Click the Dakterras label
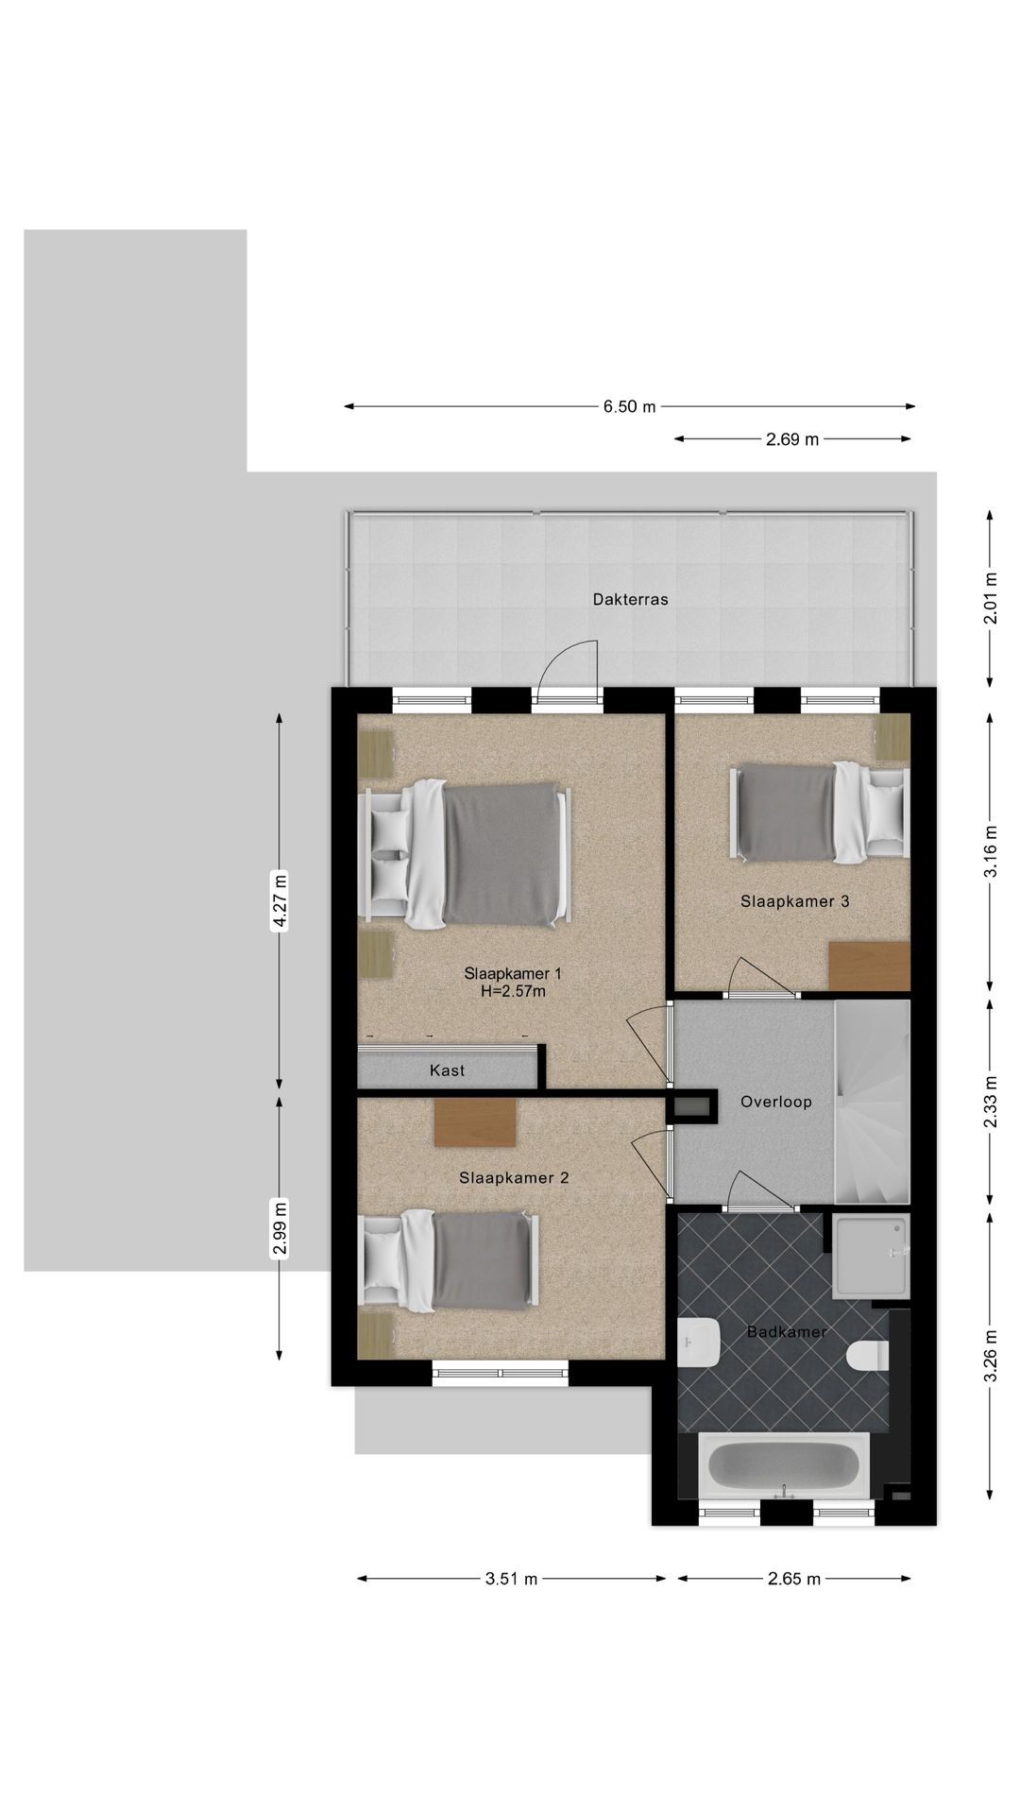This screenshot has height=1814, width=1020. coord(630,599)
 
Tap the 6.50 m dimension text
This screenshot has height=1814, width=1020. coord(629,407)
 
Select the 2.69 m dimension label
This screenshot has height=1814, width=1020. coord(792,439)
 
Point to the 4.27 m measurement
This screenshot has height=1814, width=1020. coord(280,902)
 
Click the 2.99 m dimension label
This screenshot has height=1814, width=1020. coord(280,1227)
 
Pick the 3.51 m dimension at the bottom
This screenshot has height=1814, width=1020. coord(511,1579)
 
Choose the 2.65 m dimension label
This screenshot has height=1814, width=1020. coord(794,1579)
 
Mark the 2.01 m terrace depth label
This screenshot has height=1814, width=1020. coord(990,599)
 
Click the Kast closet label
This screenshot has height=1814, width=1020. coord(447,1070)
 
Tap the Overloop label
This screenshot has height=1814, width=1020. coord(776,1102)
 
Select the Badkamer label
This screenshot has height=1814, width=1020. coord(787,1332)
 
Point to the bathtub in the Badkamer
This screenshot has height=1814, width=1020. coord(783,1465)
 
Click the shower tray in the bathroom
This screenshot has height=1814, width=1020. coord(871,1256)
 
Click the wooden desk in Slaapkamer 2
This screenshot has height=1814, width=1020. coord(475,1122)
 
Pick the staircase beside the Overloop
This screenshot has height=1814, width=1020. coord(872,1103)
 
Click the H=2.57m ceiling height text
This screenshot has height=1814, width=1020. coord(513,992)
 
